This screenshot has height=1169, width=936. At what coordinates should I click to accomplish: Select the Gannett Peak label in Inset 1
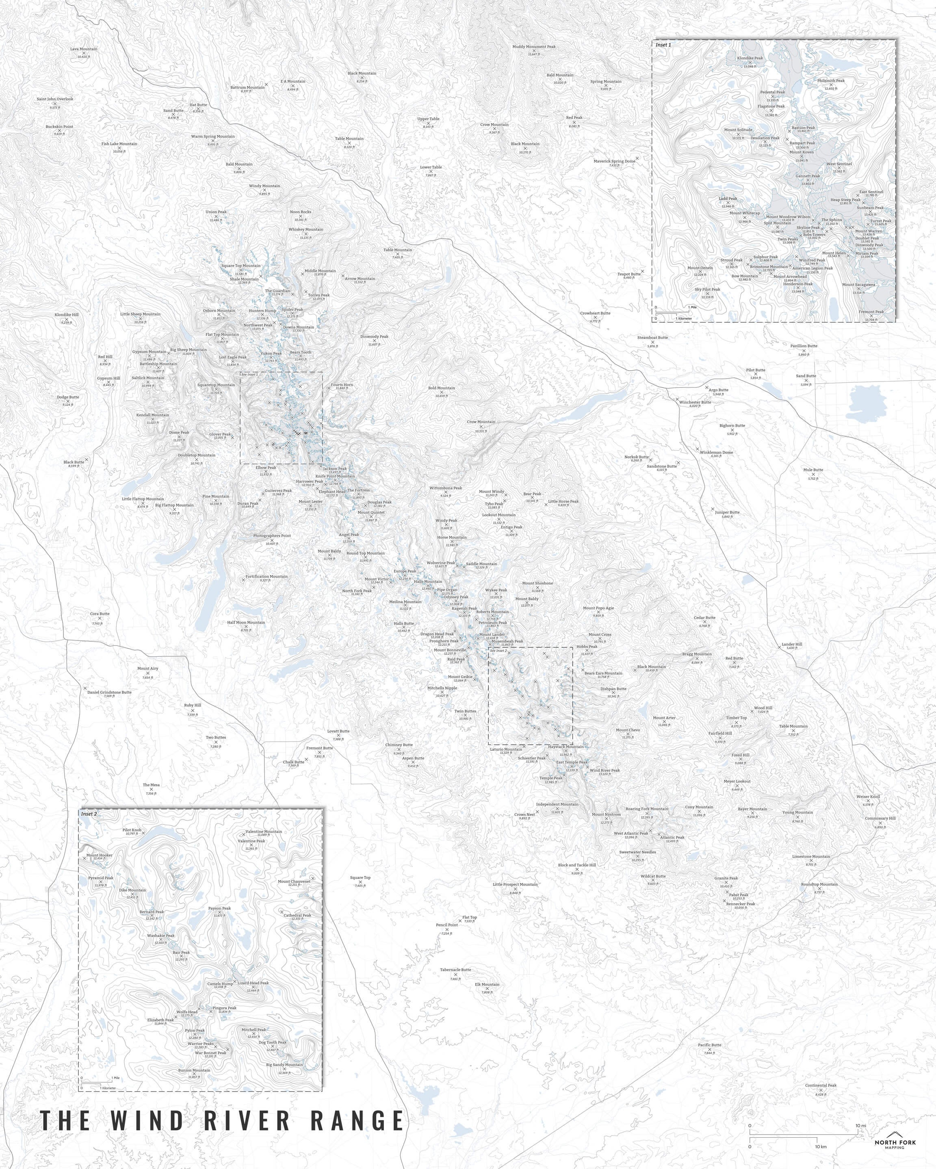807,176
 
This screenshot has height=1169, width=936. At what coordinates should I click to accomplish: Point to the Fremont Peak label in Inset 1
871,312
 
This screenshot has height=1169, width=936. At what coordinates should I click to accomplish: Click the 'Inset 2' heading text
89,814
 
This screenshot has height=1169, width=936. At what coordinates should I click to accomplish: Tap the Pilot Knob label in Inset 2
132,830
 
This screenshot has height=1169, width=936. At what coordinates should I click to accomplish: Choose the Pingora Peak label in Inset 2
224,1008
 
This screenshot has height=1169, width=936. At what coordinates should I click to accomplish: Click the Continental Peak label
821,1085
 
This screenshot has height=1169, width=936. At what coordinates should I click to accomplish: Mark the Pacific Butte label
709,1045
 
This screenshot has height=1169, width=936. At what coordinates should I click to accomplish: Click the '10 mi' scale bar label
860,1106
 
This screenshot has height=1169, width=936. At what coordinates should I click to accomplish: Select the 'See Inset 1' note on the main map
249,375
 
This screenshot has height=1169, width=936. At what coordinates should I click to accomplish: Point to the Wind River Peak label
604,770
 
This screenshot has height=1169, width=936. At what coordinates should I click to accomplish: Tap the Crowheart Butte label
595,313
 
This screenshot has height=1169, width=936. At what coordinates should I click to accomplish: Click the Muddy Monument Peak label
534,47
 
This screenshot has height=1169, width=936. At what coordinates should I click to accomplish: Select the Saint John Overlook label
55,99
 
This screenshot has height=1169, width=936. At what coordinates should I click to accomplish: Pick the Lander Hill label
792,645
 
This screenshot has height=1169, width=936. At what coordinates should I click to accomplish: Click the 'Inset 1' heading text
663,45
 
